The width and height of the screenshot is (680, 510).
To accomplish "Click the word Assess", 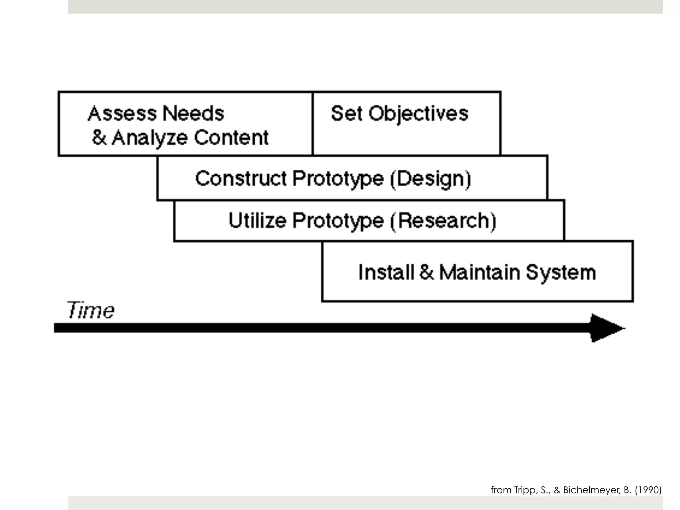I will point(122,114).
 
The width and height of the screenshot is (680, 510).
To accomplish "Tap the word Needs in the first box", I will point(194,114).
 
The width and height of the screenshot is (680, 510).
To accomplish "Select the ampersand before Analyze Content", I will point(99,137).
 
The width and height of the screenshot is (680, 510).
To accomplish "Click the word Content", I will point(231,137).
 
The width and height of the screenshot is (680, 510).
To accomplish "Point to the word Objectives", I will point(418,114).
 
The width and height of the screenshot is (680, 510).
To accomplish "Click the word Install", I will point(386,272).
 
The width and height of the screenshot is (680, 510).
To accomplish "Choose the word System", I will point(561,272).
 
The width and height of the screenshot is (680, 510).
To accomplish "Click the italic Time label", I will point(91,310).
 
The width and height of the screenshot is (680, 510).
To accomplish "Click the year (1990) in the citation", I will point(648,490).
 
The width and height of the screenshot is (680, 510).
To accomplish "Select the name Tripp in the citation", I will point(525,490).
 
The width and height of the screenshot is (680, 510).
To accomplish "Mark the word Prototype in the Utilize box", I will point(338,221).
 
